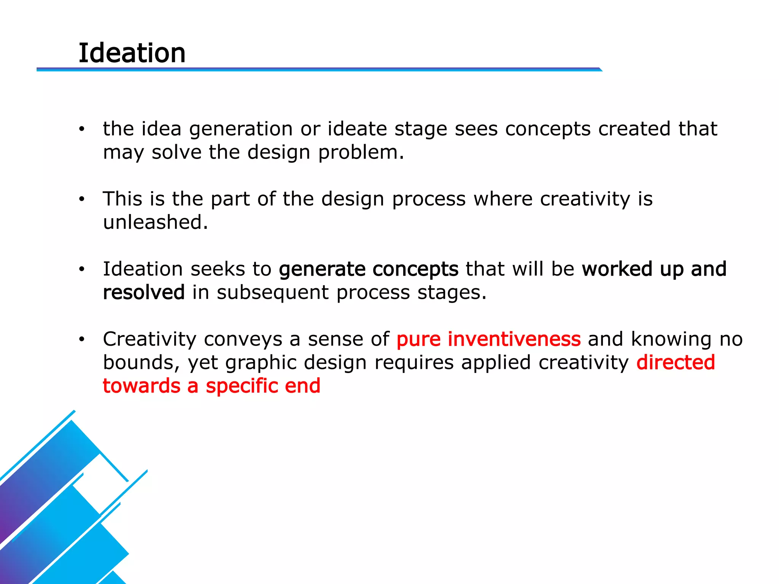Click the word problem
pos(361,153)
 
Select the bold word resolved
pos(144,292)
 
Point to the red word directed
pos(676,362)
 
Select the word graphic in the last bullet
pos(261,363)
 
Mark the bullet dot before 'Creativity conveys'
pos(81,339)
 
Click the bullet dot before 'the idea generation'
pos(81,129)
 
